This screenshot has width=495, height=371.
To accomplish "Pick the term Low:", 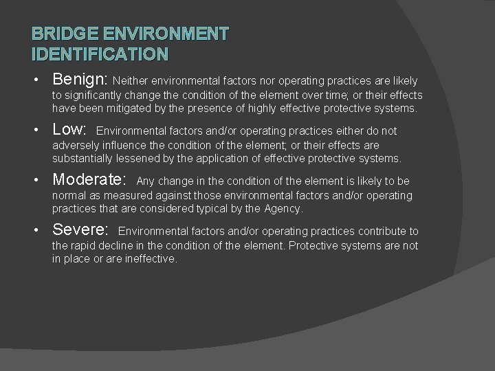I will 69,131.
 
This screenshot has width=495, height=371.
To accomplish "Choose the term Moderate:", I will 89,181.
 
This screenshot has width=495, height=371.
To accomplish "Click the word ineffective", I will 151,258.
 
